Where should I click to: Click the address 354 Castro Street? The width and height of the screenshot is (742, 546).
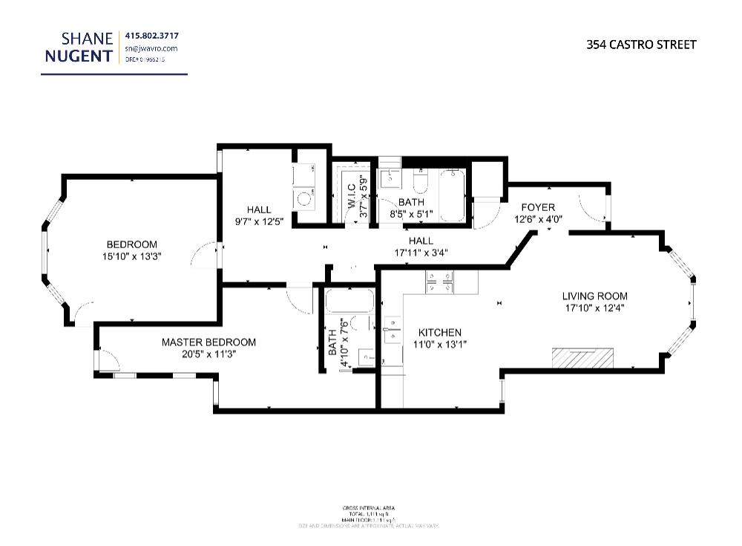[641, 45]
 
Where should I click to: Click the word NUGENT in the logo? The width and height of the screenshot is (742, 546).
[78, 56]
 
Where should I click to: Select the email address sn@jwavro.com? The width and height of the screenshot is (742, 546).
[151, 48]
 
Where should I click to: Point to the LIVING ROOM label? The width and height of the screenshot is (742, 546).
[594, 296]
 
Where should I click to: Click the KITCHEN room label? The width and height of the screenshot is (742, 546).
[439, 333]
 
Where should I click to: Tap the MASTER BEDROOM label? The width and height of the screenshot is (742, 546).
[209, 342]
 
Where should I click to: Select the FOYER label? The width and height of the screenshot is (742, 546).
[537, 207]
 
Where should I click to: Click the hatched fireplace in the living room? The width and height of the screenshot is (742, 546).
[582, 358]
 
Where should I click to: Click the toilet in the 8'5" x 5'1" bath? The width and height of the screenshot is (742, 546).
[419, 181]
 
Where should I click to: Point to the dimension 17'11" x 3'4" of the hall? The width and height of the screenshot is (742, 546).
[421, 252]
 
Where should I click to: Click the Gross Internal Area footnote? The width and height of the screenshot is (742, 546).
[369, 516]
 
